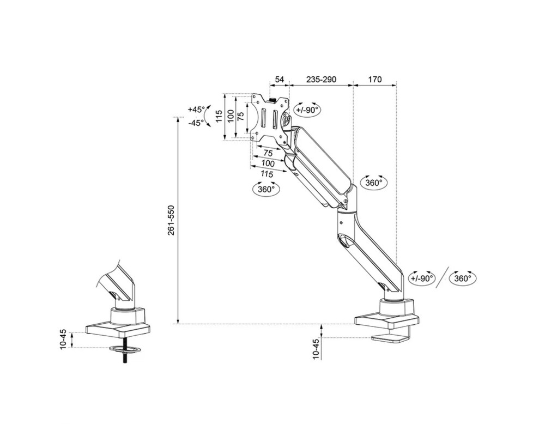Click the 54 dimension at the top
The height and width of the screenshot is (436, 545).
pos(279,80)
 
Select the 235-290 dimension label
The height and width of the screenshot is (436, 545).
pos(321,80)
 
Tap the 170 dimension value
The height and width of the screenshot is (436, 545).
pos(374,80)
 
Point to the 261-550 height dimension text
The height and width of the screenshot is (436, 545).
pos(171,220)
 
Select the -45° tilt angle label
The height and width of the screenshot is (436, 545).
pos(196,123)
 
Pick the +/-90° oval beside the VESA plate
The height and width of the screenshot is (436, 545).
pos(307,110)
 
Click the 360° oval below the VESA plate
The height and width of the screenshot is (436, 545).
pos(266,190)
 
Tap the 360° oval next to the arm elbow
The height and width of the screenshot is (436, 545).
pos(373,183)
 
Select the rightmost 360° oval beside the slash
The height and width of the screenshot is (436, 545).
pos(462,278)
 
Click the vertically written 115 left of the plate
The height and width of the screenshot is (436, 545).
pos(219,116)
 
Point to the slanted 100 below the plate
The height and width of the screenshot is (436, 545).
pos(268,163)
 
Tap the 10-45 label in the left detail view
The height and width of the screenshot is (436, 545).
pos(63,338)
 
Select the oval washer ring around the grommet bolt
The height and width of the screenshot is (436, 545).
pos(125,349)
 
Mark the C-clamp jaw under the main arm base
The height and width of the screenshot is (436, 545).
pos(390,338)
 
